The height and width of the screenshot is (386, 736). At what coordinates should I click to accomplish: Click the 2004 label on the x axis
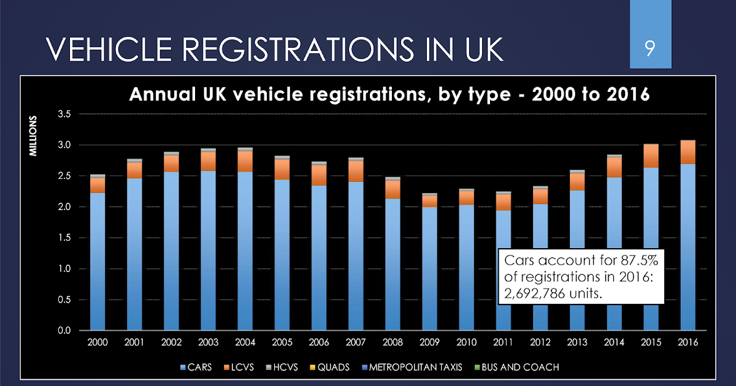coord(246,341)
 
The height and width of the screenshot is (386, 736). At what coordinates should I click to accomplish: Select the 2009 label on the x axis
coord(430,341)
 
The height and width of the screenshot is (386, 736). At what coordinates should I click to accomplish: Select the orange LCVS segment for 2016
coord(688,152)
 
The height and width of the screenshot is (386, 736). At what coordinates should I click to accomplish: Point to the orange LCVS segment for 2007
coord(356,172)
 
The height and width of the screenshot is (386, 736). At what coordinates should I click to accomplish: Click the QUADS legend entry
coord(332,368)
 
